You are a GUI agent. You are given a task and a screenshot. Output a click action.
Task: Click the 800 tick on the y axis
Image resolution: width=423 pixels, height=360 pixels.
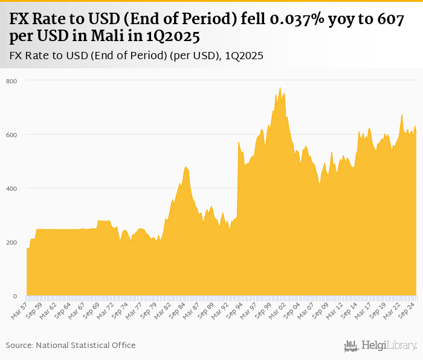coord(12,81)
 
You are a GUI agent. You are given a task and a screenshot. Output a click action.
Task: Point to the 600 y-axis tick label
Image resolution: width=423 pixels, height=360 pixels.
coord(12,135)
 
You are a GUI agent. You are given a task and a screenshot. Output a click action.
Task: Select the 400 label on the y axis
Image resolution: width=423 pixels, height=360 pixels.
coord(12,188)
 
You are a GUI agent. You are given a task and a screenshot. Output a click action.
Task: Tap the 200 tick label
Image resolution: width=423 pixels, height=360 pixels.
coord(12,243)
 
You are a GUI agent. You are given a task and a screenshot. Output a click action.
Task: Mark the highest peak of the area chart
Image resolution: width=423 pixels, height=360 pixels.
coord(280,88)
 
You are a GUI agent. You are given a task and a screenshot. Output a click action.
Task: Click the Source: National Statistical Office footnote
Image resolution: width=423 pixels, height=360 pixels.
coord(71,345)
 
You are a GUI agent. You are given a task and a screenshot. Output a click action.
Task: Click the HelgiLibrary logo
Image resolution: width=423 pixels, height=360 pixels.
coord(381,346)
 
